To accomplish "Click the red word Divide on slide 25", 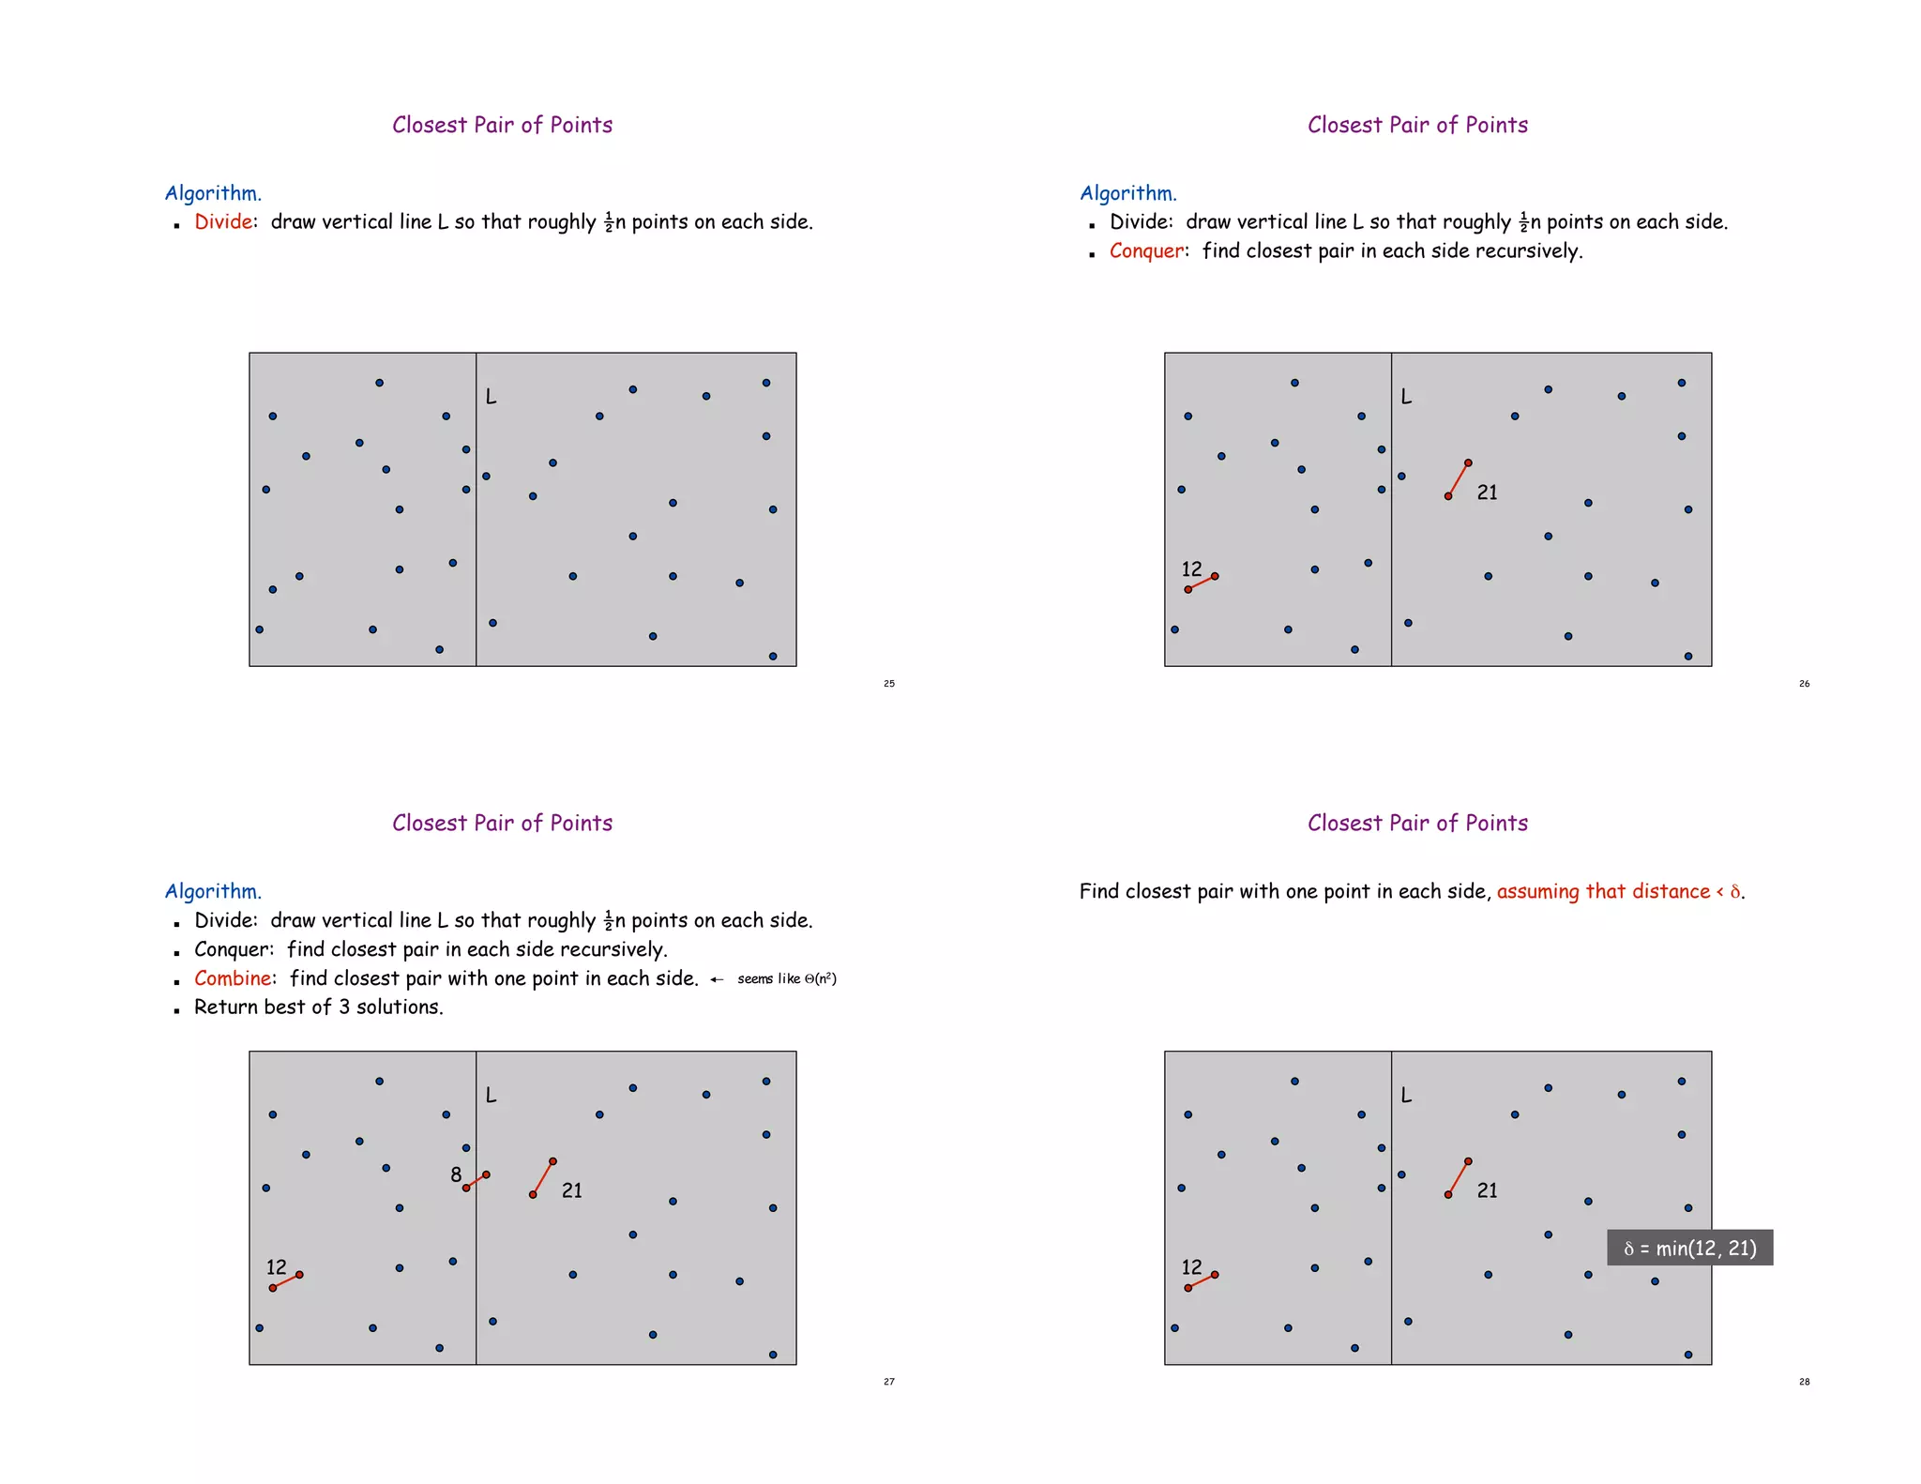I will tap(223, 222).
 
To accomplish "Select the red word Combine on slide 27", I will tap(233, 978).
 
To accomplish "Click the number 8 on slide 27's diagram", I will tap(456, 1174).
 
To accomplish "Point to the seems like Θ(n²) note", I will tap(786, 979).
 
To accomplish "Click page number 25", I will tap(889, 684).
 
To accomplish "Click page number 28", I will tap(1804, 1382).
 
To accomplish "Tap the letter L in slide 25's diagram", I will tap(491, 397).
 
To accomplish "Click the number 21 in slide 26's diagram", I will tap(1487, 492).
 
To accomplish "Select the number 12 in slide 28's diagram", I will tap(1191, 1267).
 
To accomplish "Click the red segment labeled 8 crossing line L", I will tap(476, 1181).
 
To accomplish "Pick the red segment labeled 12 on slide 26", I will tap(1202, 583).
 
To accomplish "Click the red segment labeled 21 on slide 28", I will tap(1459, 1178).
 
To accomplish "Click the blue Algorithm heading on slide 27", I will tap(213, 891).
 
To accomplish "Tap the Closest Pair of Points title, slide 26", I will tap(1417, 125).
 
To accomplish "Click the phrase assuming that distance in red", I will tap(1602, 891).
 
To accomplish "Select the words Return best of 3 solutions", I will tap(318, 1007).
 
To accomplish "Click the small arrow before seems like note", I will tap(717, 979).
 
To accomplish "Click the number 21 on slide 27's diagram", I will tap(571, 1190).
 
